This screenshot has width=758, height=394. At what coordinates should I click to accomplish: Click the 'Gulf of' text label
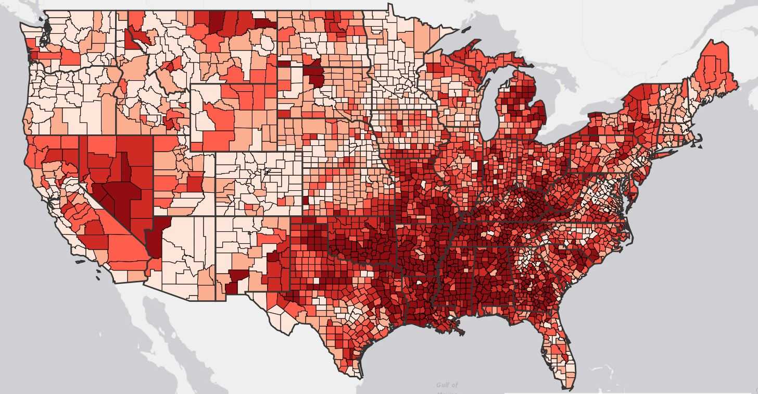tap(448, 385)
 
